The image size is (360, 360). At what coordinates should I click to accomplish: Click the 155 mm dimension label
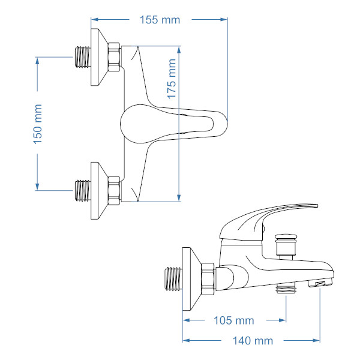(x=160, y=20)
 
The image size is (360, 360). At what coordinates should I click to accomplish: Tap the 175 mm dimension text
(x=172, y=79)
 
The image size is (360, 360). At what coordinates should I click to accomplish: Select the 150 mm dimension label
(x=38, y=124)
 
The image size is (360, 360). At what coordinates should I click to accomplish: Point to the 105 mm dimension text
(x=234, y=320)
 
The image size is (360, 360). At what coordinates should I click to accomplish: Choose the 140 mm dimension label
(x=253, y=341)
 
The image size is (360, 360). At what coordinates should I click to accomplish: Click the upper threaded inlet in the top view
(x=83, y=57)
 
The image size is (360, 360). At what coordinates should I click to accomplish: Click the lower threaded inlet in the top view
(x=83, y=191)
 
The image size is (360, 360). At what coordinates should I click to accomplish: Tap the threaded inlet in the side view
(x=173, y=278)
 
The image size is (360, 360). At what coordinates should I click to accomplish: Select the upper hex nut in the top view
(x=114, y=57)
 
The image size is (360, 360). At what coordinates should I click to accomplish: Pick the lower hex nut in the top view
(x=114, y=191)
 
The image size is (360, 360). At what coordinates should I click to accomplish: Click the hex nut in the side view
(x=208, y=279)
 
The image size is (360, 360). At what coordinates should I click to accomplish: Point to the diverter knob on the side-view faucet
(x=286, y=247)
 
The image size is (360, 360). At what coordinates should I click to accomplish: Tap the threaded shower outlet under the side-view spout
(x=286, y=288)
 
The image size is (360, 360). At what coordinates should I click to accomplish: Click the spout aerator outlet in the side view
(x=320, y=284)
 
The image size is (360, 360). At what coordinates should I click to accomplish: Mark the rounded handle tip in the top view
(x=224, y=124)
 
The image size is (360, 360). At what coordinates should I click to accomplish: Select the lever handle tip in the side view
(x=316, y=205)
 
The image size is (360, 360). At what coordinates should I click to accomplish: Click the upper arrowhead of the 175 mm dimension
(x=179, y=50)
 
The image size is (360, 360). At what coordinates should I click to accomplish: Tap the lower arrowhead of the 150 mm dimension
(x=37, y=187)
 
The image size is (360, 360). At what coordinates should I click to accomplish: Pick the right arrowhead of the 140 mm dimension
(x=316, y=340)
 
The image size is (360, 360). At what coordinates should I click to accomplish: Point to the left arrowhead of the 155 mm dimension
(x=95, y=20)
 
